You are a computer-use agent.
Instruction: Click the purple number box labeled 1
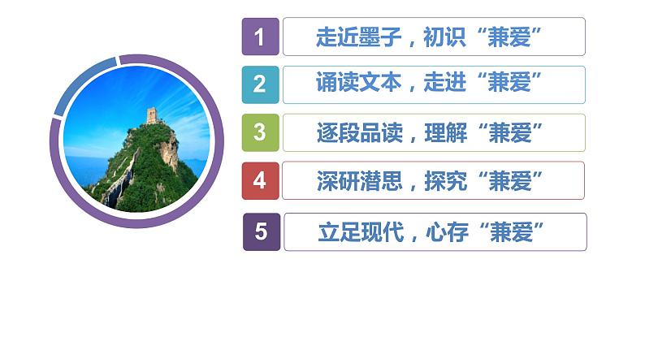(260, 37)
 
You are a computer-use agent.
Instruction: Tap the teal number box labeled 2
(260, 84)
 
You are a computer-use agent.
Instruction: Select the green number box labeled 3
(260, 132)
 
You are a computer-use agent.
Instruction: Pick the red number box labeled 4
(260, 180)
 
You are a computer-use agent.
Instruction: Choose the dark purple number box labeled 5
(261, 231)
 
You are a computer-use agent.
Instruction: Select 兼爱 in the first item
(510, 37)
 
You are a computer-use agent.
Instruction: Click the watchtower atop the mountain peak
(151, 115)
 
